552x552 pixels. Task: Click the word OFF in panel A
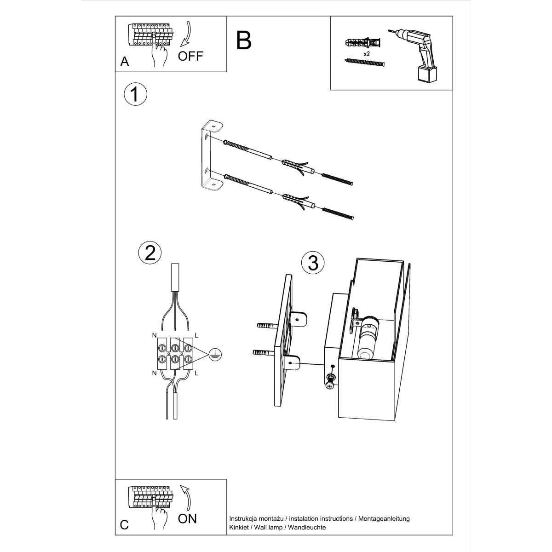pyautogui.click(x=190, y=56)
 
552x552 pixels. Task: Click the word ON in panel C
pyautogui.click(x=187, y=518)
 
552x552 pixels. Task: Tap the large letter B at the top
pyautogui.click(x=244, y=40)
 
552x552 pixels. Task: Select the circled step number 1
pyautogui.click(x=135, y=94)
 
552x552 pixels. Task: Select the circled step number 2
pyautogui.click(x=150, y=253)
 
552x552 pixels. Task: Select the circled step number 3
pyautogui.click(x=313, y=263)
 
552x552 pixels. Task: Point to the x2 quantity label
pyautogui.click(x=367, y=54)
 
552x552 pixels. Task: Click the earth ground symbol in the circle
pyautogui.click(x=215, y=354)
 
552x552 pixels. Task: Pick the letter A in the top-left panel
pyautogui.click(x=124, y=62)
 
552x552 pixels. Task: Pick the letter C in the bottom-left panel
pyautogui.click(x=124, y=525)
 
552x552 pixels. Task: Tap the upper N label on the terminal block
pyautogui.click(x=154, y=336)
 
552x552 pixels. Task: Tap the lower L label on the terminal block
pyautogui.click(x=196, y=373)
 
